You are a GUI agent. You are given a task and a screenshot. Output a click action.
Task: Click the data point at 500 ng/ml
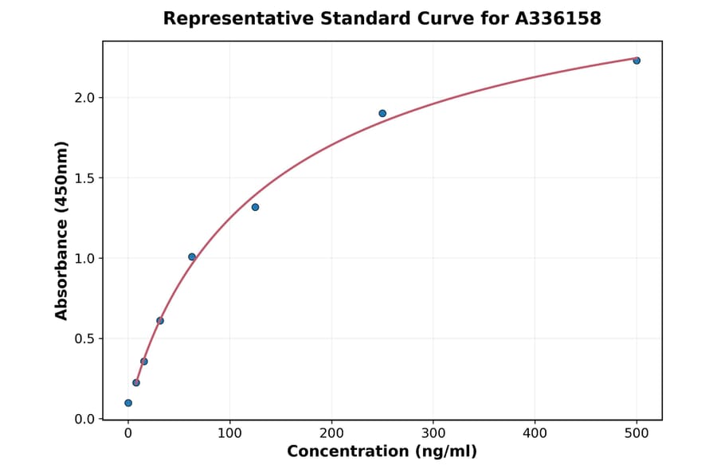637,61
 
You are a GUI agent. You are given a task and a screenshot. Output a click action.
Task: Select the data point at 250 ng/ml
382,113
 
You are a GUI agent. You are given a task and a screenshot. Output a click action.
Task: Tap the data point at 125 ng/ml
255,207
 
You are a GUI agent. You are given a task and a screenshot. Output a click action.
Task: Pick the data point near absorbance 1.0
192,256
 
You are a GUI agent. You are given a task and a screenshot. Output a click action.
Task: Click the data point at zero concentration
128,403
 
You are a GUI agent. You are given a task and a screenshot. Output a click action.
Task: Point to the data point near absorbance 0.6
160,321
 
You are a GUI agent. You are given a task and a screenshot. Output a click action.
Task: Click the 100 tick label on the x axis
230,433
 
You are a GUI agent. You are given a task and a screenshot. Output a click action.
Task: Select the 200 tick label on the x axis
331,433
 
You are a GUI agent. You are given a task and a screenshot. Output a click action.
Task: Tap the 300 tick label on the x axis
433,433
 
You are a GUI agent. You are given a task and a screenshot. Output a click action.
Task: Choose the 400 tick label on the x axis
535,433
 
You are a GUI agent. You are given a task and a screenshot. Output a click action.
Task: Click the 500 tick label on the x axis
637,433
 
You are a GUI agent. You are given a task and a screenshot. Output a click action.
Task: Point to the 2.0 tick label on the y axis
84,97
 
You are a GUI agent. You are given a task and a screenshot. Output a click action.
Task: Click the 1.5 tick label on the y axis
84,178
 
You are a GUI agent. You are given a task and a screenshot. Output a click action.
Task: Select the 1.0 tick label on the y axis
84,258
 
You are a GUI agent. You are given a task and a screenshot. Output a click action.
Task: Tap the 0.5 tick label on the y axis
84,338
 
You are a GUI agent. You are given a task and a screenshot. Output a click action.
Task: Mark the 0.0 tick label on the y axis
84,419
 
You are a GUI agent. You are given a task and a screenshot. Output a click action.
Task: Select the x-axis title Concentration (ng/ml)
382,452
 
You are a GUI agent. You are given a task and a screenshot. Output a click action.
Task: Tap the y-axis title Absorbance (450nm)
62,230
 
